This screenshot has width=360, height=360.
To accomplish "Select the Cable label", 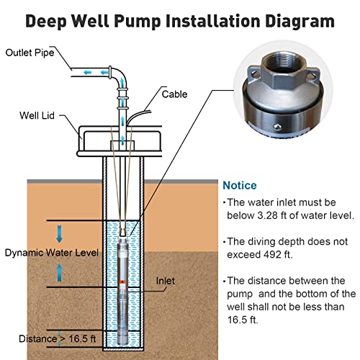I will click(x=175, y=94).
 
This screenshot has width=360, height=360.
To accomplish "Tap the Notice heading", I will click(x=240, y=185).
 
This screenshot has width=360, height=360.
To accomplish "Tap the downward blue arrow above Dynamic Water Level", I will click(x=60, y=233).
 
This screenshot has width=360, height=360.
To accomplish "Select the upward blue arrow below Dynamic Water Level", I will click(x=60, y=273).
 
